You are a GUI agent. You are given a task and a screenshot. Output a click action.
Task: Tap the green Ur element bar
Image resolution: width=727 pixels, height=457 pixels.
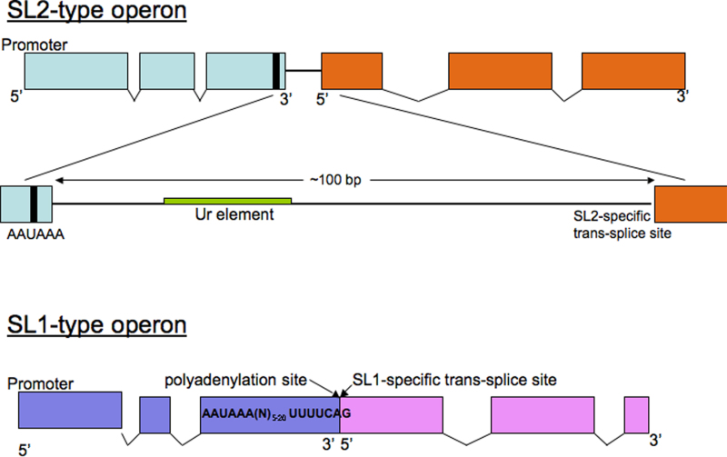coord(227,199)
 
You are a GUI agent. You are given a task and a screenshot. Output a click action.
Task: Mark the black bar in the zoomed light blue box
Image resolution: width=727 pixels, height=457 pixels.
coord(34,201)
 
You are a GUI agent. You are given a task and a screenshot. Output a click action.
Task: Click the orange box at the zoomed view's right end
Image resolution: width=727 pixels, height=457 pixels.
coord(690,203)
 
